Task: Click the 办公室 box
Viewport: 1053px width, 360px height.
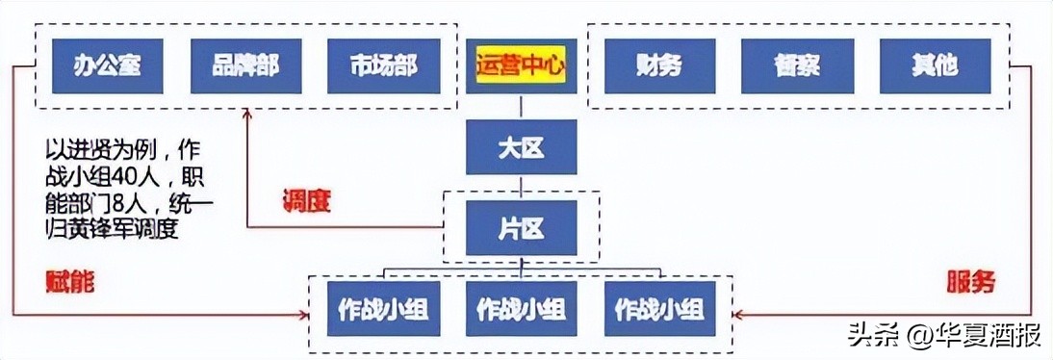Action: pyautogui.click(x=108, y=65)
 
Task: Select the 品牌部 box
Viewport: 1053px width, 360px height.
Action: pyautogui.click(x=246, y=65)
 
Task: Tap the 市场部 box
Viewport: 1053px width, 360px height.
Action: pyautogui.click(x=384, y=65)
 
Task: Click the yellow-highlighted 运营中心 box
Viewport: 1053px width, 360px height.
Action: pyautogui.click(x=521, y=66)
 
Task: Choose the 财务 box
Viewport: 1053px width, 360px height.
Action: pyautogui.click(x=659, y=65)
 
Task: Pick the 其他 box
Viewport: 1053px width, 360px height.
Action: pyautogui.click(x=934, y=65)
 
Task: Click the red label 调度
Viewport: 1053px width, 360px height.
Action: pyautogui.click(x=306, y=201)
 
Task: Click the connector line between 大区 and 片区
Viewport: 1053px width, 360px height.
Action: pyautogui.click(x=521, y=183)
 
